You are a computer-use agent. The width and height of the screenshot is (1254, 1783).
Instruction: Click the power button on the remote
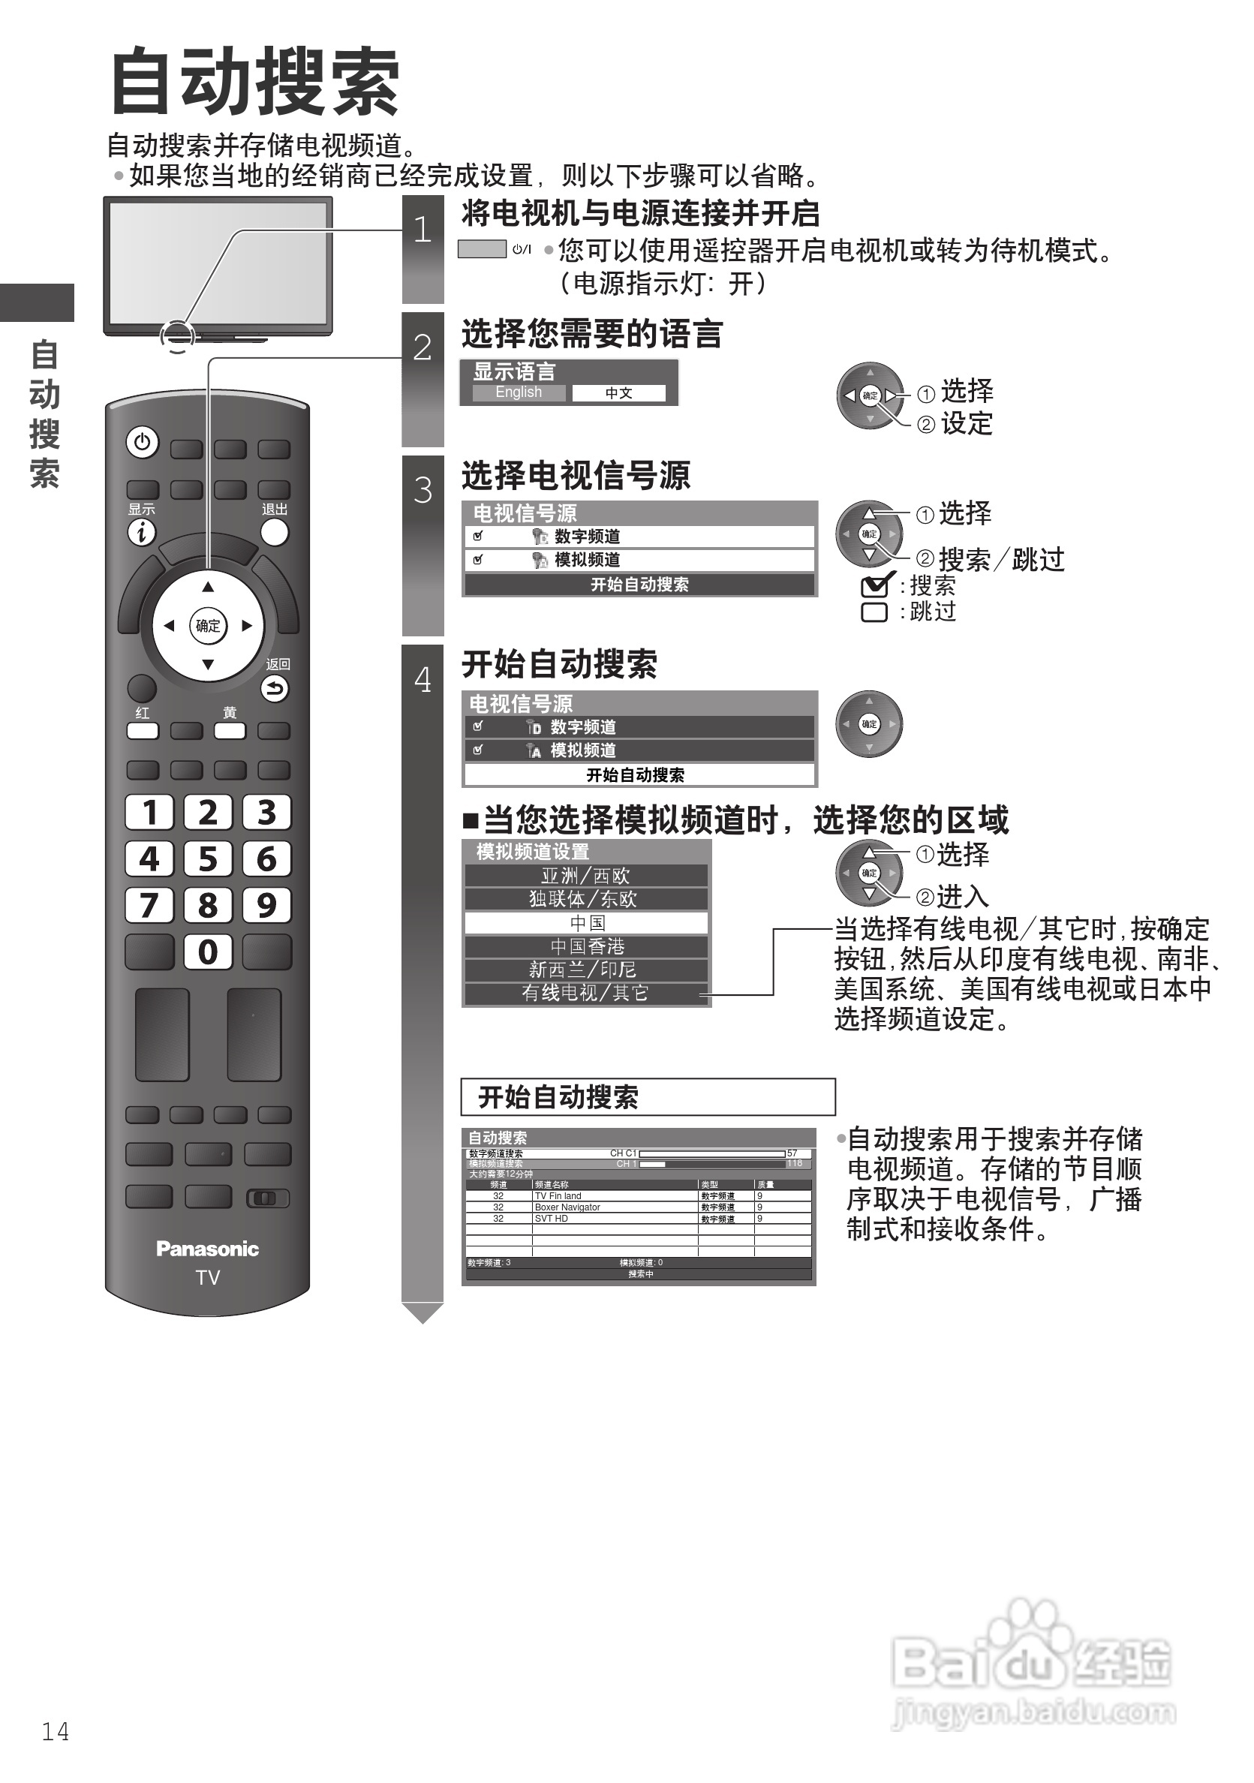coord(142,443)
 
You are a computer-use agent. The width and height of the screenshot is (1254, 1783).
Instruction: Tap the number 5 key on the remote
coord(208,859)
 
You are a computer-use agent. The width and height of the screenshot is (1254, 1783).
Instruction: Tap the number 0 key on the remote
coord(208,952)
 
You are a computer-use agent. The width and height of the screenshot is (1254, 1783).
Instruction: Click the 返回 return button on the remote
coord(274,688)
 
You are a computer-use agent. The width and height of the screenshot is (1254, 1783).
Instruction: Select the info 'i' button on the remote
coord(141,533)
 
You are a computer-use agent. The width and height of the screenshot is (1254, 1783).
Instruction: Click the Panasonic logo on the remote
coord(207,1249)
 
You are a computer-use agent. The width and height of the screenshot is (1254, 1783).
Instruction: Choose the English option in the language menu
coord(519,393)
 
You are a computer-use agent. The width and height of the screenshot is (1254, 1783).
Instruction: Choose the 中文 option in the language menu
coord(619,394)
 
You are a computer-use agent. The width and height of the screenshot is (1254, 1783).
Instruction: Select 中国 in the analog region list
coord(586,922)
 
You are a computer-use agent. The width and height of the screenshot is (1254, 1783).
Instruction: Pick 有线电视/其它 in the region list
coord(585,994)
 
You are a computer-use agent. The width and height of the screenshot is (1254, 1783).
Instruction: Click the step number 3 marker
coord(423,491)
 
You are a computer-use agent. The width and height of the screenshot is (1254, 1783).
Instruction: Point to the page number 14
coord(55,1732)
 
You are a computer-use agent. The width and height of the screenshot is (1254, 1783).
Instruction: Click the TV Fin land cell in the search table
coord(558,1197)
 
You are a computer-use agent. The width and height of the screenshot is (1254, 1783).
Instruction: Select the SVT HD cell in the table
coord(552,1219)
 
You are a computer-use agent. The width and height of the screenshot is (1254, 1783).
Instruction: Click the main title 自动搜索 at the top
coord(254,82)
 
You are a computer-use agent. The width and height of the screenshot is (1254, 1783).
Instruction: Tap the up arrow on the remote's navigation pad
coord(207,587)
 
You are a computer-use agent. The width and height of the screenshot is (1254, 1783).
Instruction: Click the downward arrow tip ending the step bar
coord(423,1315)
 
